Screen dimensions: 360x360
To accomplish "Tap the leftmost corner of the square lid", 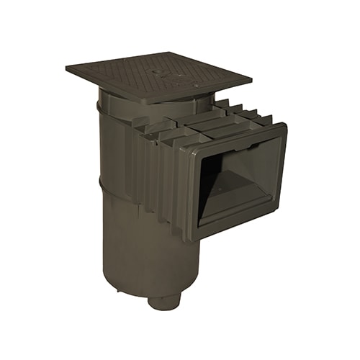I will [x=66, y=70].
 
